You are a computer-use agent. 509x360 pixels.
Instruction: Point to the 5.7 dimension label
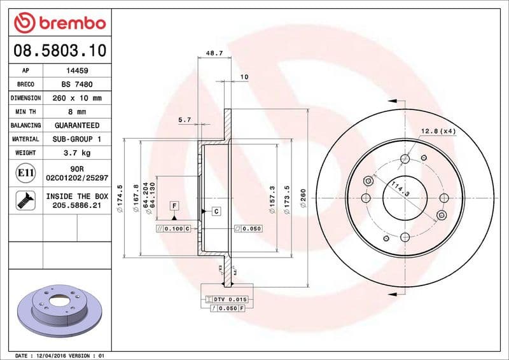(x=185, y=120)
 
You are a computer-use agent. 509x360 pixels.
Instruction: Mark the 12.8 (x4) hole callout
(x=438, y=131)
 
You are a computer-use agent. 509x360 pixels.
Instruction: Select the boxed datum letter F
(x=173, y=205)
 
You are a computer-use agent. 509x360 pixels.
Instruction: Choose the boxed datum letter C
(x=216, y=211)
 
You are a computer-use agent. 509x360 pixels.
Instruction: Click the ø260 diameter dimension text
(x=303, y=194)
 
